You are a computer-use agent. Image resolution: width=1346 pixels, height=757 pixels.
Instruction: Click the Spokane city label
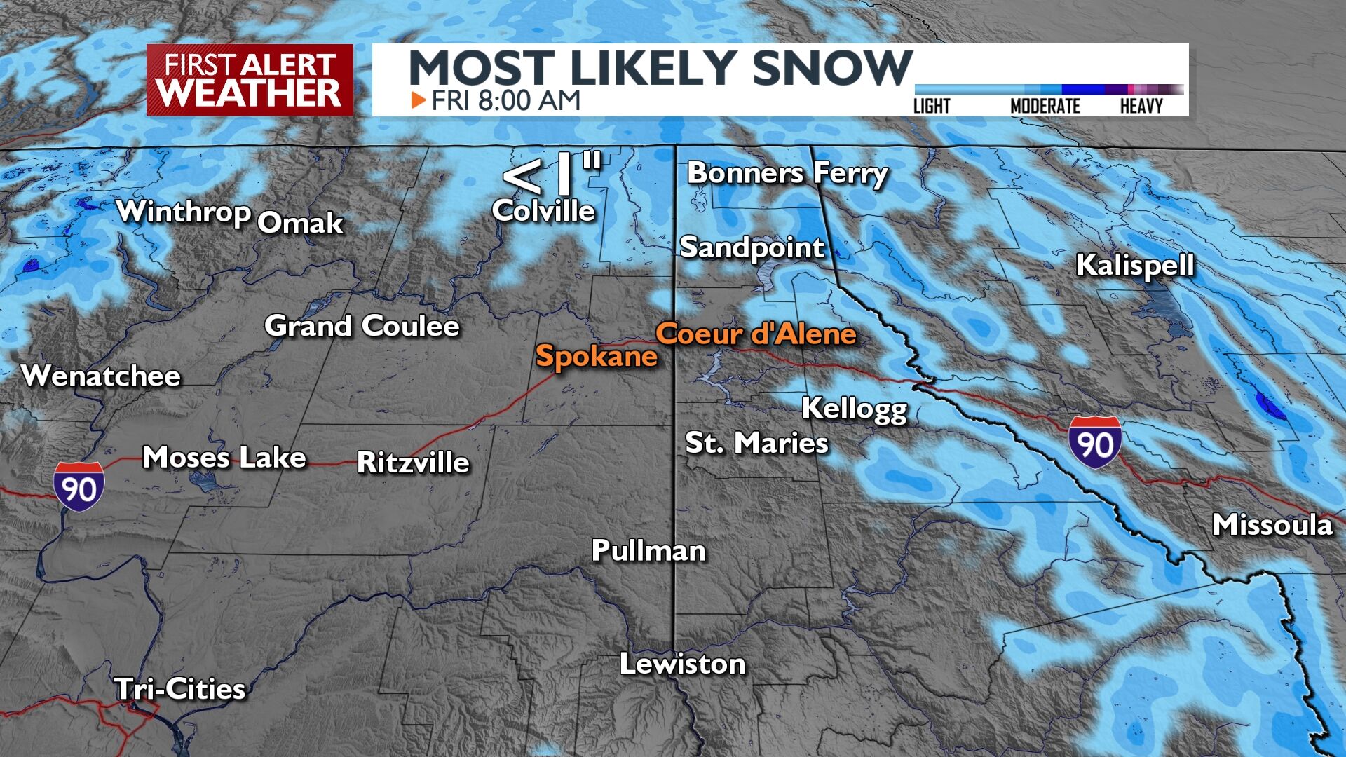[596, 356]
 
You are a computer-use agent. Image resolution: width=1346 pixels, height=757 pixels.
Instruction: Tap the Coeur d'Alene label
[756, 334]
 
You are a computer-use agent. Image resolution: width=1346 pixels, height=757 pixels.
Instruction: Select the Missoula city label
[1272, 525]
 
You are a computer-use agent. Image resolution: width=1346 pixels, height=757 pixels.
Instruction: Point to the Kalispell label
[1134, 265]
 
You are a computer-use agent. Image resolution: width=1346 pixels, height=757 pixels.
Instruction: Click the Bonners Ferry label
[787, 173]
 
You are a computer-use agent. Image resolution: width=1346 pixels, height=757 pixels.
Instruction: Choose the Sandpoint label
[752, 247]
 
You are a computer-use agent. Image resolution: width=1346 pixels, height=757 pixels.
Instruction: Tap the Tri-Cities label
[180, 689]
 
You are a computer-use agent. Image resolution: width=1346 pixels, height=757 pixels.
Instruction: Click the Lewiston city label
[682, 664]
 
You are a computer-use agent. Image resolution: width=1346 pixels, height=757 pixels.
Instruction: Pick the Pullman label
[648, 550]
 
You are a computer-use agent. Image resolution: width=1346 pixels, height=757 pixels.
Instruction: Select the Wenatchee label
[102, 376]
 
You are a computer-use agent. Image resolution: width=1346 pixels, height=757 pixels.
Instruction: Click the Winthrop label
[184, 211]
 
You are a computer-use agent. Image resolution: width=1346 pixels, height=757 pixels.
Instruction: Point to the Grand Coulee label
[362, 326]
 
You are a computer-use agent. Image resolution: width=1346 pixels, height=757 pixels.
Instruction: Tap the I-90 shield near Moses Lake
[79, 486]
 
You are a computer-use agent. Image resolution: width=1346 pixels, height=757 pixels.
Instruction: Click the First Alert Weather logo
[250, 80]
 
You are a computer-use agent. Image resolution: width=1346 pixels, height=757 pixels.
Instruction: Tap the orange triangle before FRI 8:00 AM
[419, 100]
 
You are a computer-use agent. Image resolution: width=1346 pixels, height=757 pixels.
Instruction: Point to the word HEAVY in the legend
[1141, 106]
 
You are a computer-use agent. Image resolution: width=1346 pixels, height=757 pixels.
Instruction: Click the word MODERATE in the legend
[1045, 106]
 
